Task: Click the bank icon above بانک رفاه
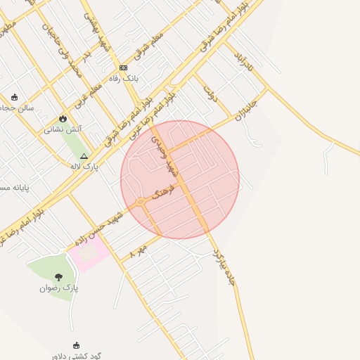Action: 124,67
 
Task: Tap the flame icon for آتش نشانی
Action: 63,118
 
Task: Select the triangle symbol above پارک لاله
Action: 84,156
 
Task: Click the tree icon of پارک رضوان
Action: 58,276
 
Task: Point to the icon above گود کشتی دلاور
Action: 77,345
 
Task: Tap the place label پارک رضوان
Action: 59,288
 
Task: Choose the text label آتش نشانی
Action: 63,129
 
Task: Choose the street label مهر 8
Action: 139,252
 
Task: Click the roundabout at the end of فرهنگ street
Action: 141,202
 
